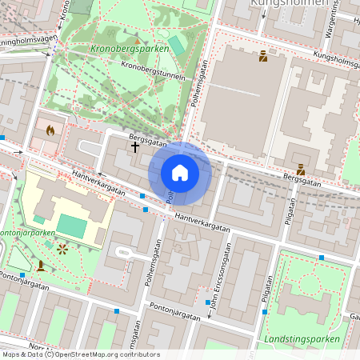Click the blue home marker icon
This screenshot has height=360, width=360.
[x=180, y=173]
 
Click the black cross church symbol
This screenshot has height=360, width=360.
[x=135, y=146]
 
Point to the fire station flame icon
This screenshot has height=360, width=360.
[x=50, y=130]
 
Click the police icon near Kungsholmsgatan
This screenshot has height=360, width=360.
[x=262, y=56]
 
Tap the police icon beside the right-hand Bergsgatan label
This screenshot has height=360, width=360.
[x=300, y=170]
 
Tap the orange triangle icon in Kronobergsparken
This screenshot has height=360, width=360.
[x=137, y=40]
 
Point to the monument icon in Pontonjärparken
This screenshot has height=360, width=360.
[x=41, y=266]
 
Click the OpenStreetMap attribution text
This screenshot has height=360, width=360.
[x=80, y=354]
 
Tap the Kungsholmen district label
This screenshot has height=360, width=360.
[x=288, y=3]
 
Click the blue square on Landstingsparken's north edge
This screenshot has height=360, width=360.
[x=322, y=258]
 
